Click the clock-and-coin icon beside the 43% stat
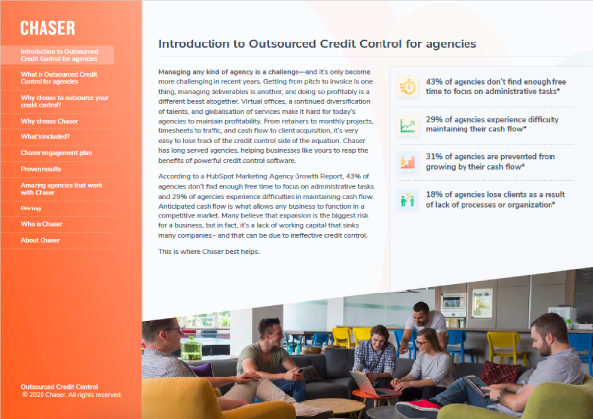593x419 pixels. click(407, 87)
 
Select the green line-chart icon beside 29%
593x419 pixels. click(407, 125)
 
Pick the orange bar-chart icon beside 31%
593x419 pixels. click(407, 161)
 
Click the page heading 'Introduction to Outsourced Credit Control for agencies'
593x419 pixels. click(317, 44)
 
